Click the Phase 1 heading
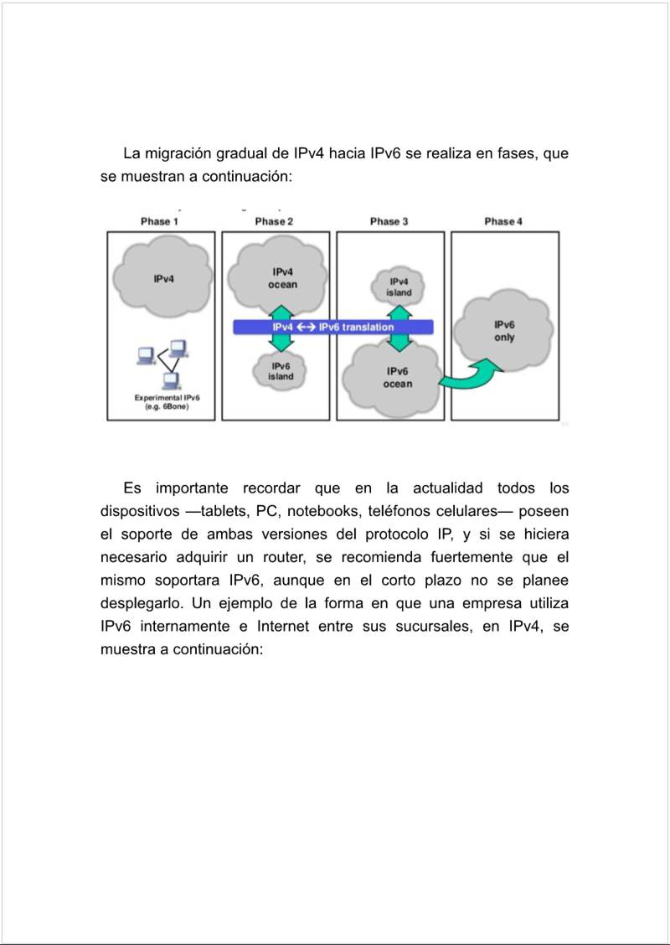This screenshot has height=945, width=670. click(x=159, y=221)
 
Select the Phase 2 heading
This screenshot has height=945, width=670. click(x=274, y=221)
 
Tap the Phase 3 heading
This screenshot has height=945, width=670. click(x=389, y=221)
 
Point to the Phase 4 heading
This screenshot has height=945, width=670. click(x=503, y=221)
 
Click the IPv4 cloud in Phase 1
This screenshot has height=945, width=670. click(x=163, y=277)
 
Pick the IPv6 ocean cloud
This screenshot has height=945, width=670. click(x=397, y=379)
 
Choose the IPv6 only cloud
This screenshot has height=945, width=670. click(x=504, y=332)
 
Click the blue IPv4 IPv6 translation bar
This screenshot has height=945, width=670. click(x=332, y=327)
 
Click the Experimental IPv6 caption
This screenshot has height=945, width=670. click(x=162, y=401)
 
